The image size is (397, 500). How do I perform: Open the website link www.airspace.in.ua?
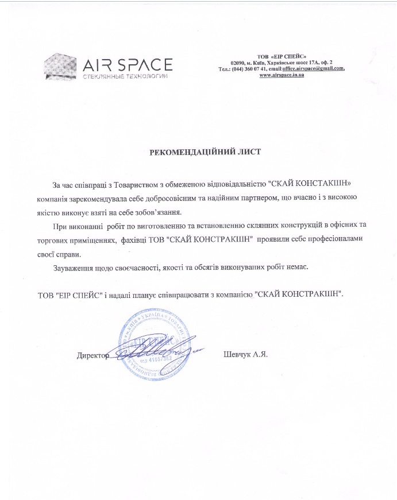click(x=282, y=75)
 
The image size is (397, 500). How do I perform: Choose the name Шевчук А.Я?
click(x=245, y=354)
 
